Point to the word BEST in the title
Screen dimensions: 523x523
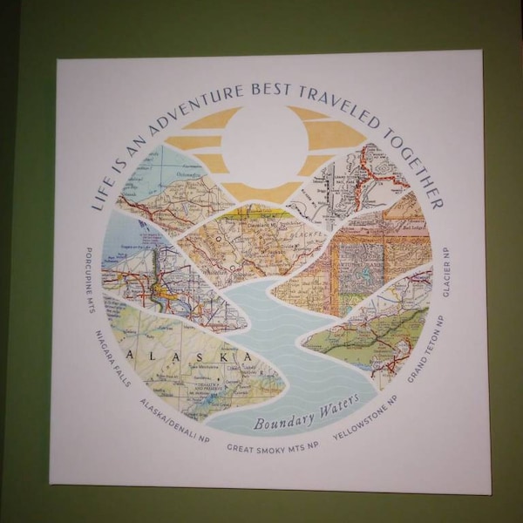pyautogui.click(x=267, y=92)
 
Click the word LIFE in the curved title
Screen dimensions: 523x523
pyautogui.click(x=104, y=194)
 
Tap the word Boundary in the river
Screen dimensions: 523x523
pyautogui.click(x=278, y=422)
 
